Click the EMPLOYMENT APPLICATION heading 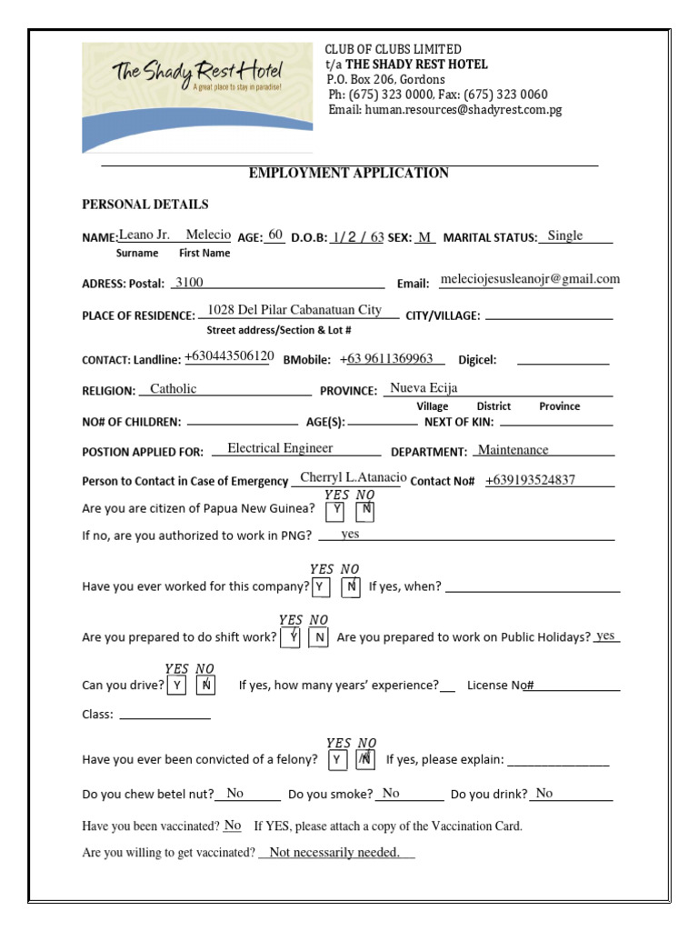(x=349, y=173)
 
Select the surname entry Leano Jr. (x=145, y=235)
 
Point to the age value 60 (x=275, y=235)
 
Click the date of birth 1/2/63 (x=358, y=236)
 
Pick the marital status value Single (x=564, y=236)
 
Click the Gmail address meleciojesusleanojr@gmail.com (x=529, y=280)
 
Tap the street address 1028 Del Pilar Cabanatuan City (x=294, y=310)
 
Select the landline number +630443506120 (x=229, y=356)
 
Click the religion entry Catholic (x=173, y=389)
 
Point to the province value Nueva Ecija (x=424, y=388)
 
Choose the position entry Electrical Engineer (x=280, y=448)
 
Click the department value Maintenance (x=514, y=450)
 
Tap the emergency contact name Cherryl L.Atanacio (x=353, y=478)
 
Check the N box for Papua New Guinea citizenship (x=365, y=511)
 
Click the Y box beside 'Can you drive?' (x=176, y=686)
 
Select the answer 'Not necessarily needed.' (x=334, y=853)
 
